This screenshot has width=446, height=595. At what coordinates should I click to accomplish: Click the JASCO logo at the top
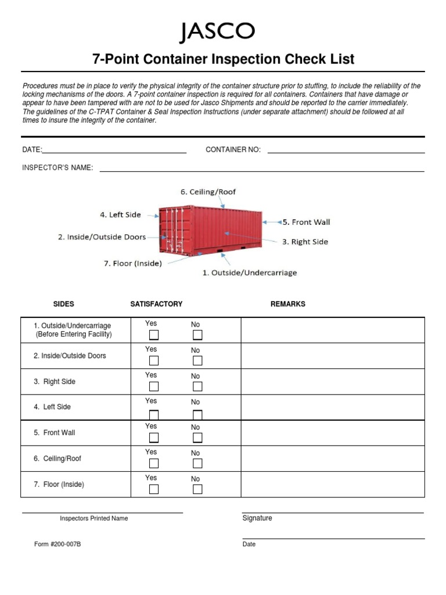(x=217, y=33)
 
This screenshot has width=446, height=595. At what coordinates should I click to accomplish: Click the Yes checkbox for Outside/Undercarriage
(x=154, y=335)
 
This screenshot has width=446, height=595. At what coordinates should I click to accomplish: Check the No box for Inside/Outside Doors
(x=197, y=361)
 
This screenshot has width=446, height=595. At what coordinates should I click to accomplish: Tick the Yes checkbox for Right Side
(x=154, y=386)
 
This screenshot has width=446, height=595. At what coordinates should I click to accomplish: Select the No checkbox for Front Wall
(x=197, y=438)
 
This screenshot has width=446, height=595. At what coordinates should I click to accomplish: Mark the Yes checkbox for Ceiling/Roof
(x=154, y=463)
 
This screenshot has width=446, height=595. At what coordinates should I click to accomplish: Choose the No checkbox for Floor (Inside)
(x=197, y=489)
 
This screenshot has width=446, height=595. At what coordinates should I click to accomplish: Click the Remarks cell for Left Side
(x=333, y=407)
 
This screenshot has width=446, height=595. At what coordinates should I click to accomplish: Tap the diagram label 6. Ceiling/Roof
(x=208, y=192)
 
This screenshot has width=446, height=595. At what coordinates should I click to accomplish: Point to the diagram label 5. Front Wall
(x=306, y=222)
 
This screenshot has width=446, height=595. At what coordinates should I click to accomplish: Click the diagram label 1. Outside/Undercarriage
(x=249, y=273)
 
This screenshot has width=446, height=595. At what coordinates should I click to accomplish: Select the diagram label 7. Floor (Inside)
(x=132, y=263)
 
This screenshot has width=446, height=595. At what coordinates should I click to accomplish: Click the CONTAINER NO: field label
(x=233, y=150)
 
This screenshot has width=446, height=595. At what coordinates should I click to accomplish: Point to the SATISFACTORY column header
(x=156, y=304)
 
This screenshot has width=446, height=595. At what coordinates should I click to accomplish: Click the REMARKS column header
(x=287, y=304)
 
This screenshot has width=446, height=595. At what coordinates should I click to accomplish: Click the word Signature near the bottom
(x=257, y=518)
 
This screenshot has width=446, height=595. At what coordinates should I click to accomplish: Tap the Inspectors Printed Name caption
(x=93, y=518)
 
